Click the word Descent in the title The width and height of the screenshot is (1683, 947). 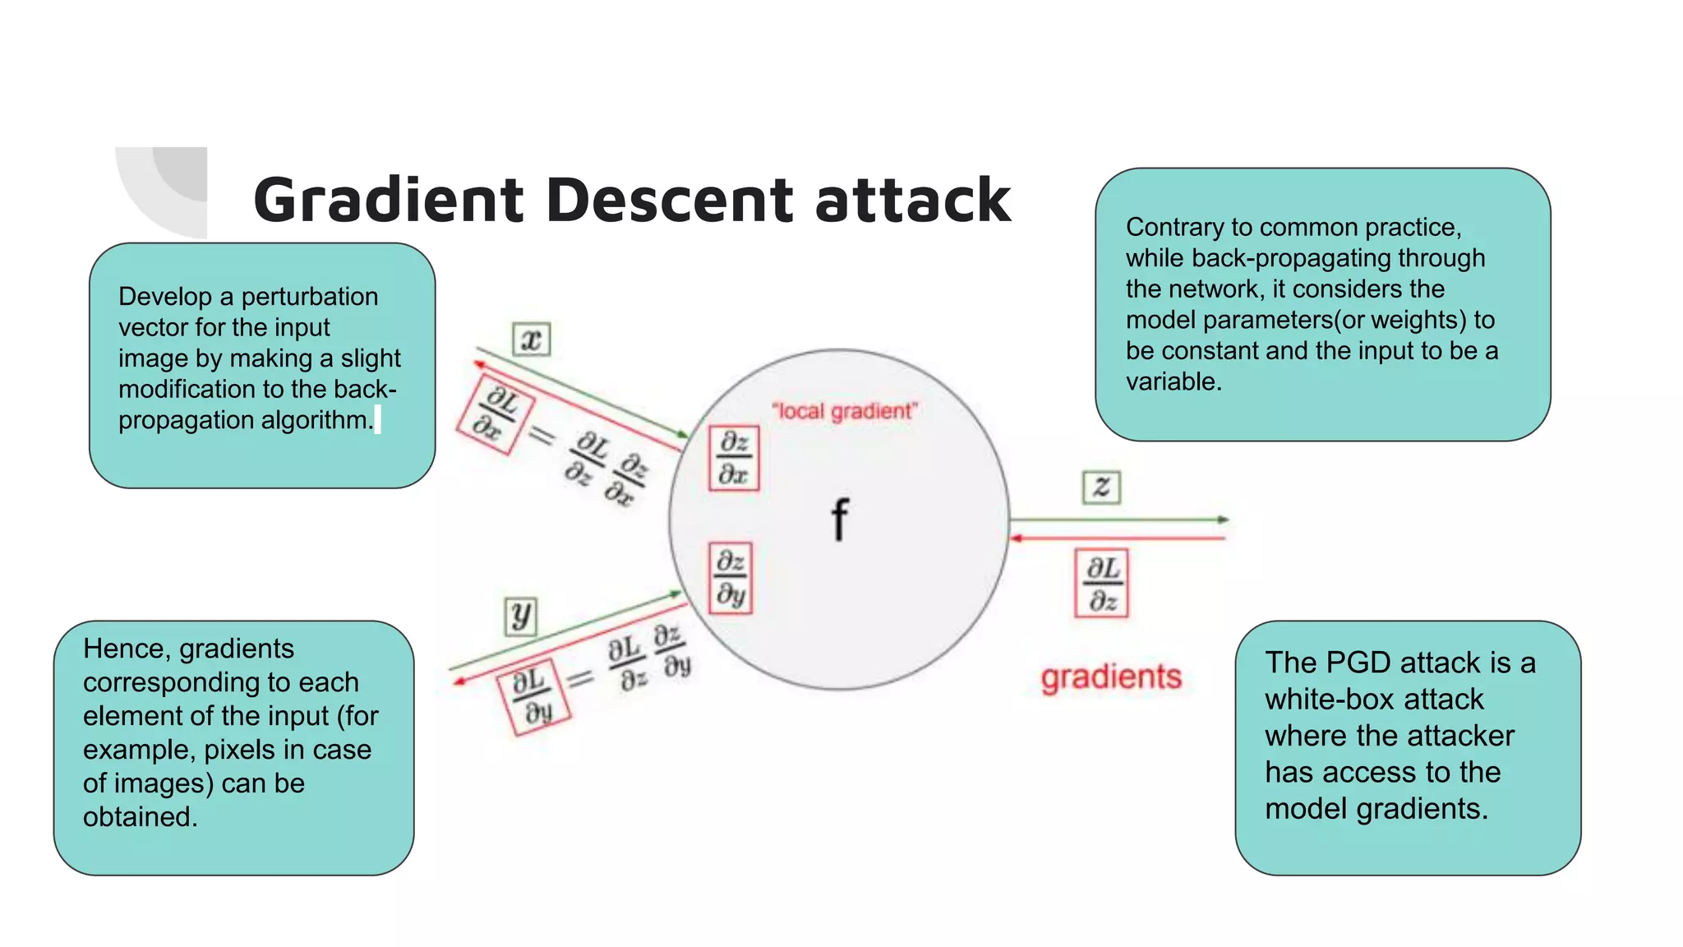(670, 200)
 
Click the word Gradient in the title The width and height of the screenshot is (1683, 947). (389, 201)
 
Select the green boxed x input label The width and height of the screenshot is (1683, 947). (531, 339)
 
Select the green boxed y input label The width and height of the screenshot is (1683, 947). (520, 616)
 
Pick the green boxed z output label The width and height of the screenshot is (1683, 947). (1101, 487)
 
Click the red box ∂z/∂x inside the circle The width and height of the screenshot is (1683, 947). (734, 458)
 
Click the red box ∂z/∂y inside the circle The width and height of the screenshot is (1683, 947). (731, 577)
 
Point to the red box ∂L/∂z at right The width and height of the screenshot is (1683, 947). (1102, 583)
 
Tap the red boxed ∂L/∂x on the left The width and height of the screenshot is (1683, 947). (495, 415)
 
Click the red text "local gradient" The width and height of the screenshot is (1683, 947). (844, 411)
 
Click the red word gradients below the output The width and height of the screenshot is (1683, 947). (1111, 677)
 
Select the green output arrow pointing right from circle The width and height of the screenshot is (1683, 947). (1118, 520)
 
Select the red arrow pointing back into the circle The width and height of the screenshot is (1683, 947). (1118, 538)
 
